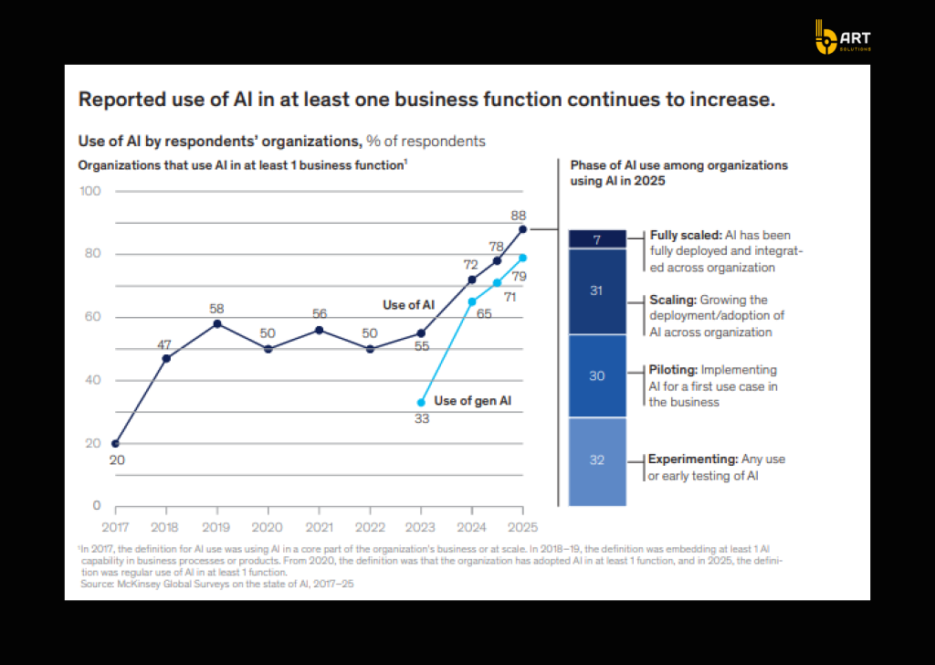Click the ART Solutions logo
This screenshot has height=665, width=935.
842,37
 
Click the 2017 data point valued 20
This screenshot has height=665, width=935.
114,443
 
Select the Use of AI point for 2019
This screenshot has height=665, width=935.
216,323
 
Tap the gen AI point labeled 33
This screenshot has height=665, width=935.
421,402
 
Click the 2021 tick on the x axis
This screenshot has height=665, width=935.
318,527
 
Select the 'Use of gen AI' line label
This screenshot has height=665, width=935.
472,401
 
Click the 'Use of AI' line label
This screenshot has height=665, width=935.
408,305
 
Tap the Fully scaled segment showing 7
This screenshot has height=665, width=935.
596,239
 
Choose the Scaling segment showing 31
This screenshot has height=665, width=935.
596,290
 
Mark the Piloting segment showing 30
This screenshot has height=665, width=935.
596,376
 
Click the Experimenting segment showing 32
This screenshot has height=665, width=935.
596,460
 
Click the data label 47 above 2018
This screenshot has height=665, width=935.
164,344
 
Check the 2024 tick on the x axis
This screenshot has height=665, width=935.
471,527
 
